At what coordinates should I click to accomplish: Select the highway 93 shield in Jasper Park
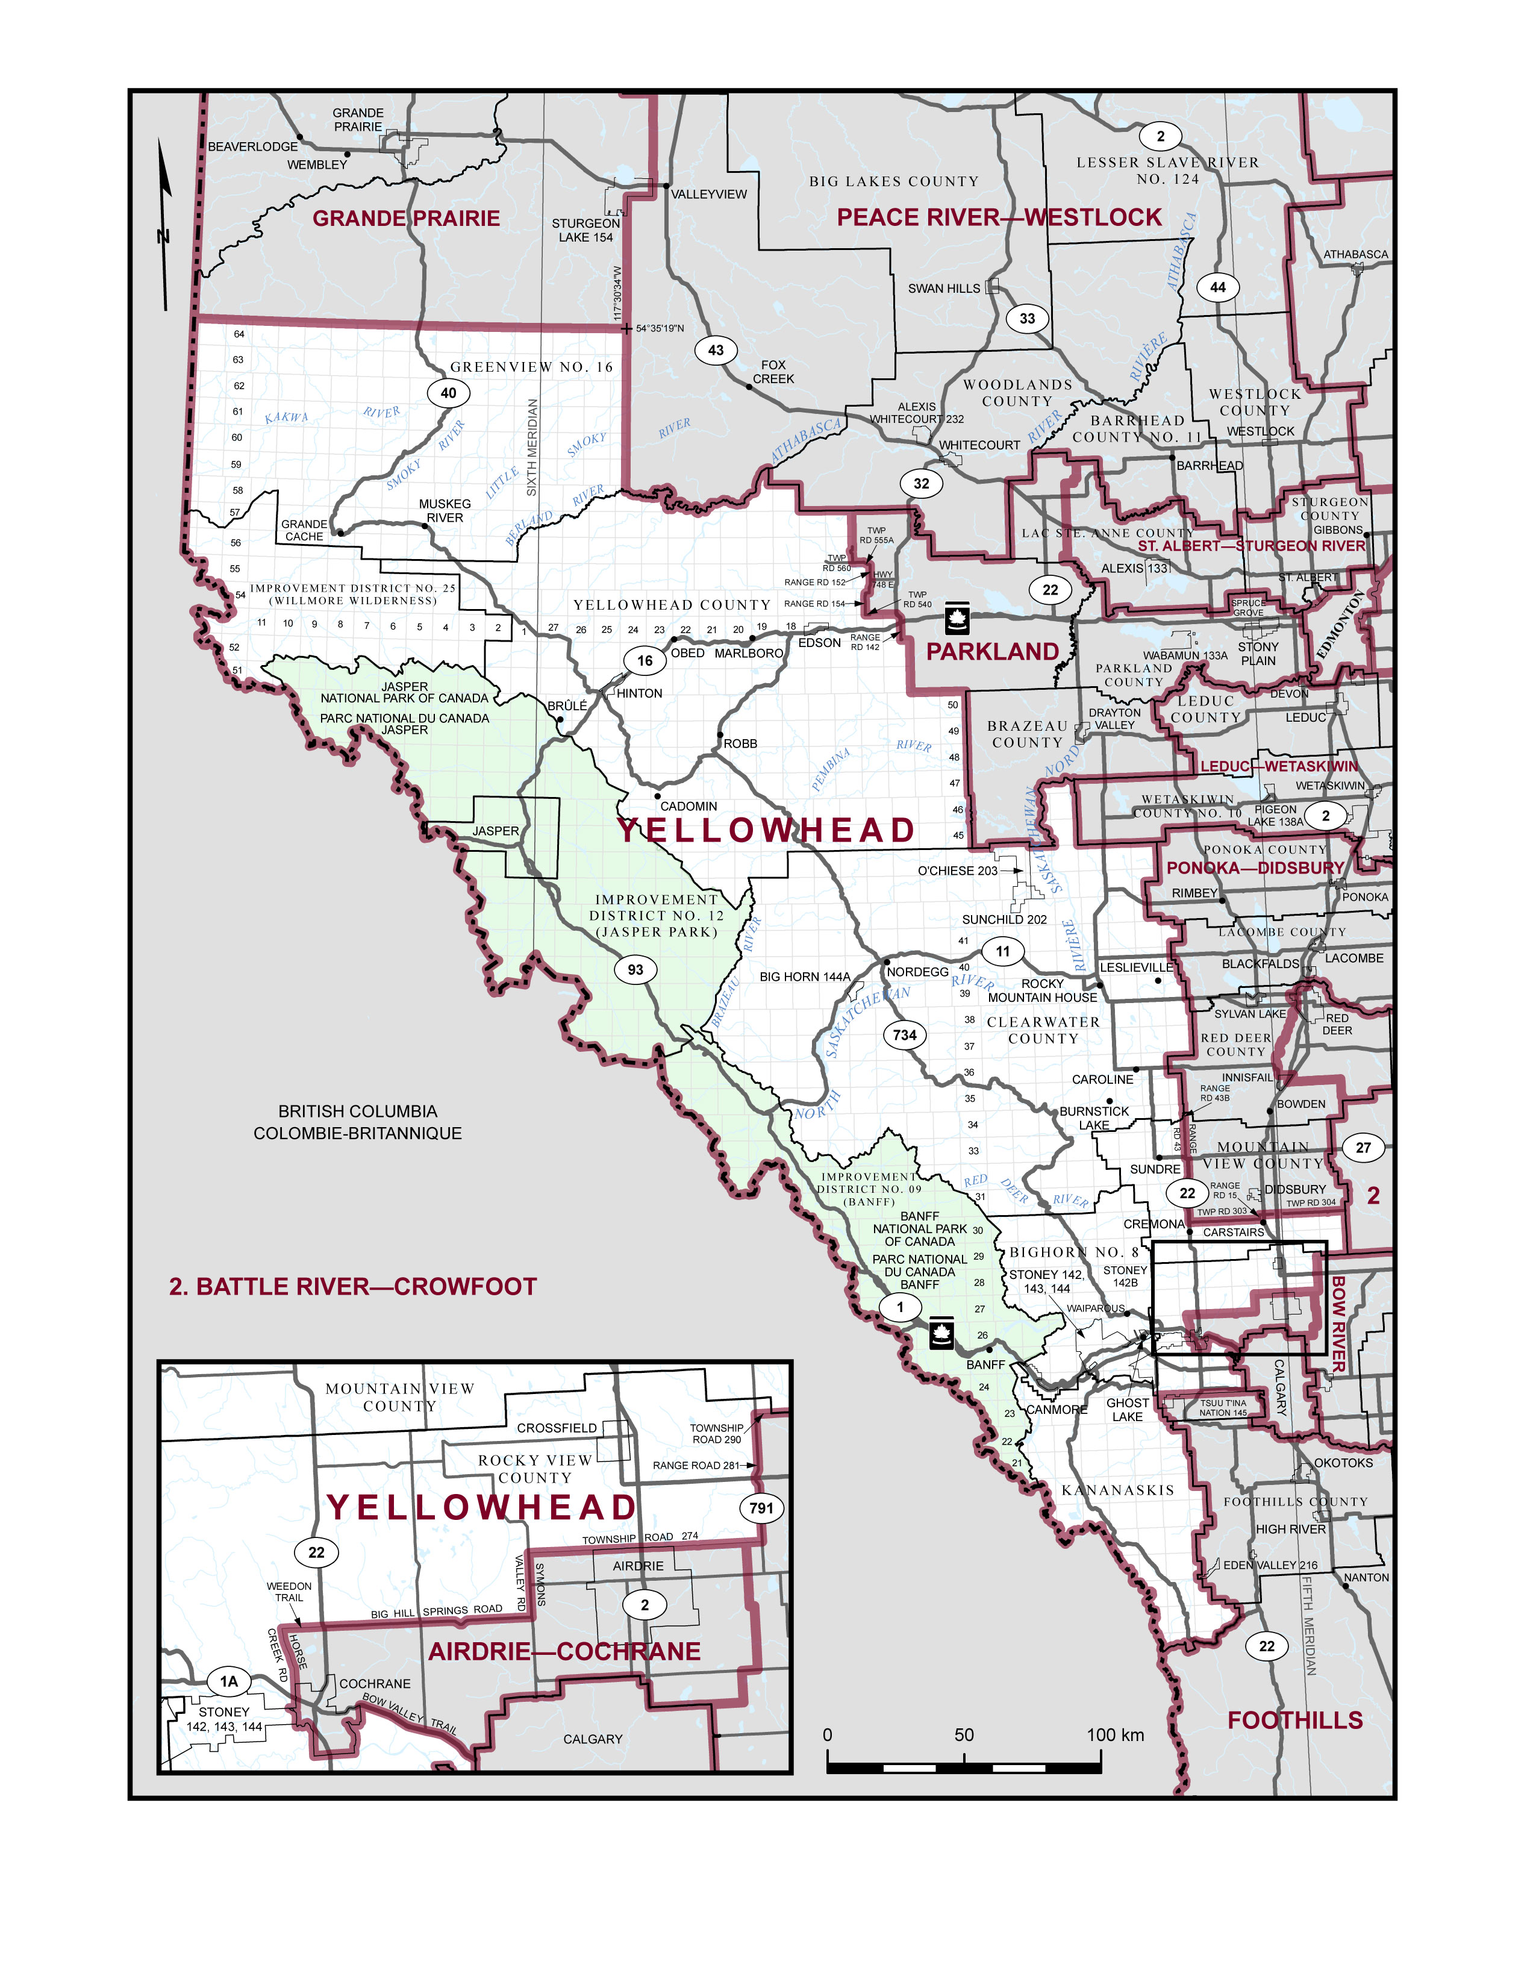[635, 969]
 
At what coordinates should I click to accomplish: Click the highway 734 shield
[905, 1035]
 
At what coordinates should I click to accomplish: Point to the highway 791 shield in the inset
[761, 1507]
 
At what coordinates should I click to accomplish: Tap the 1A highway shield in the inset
[228, 1681]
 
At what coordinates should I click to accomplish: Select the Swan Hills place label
[944, 289]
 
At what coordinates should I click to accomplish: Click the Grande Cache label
[304, 531]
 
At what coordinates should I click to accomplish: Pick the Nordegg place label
[917, 972]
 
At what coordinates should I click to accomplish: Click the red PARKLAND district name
[992, 652]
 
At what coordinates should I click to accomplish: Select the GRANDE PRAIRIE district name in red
[406, 219]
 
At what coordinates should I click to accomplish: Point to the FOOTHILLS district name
[1295, 1721]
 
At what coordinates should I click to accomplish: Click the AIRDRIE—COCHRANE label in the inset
[564, 1652]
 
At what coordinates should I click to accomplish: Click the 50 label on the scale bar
[964, 1735]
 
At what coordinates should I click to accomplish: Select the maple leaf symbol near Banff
[941, 1336]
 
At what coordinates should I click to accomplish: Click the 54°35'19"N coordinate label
[660, 328]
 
